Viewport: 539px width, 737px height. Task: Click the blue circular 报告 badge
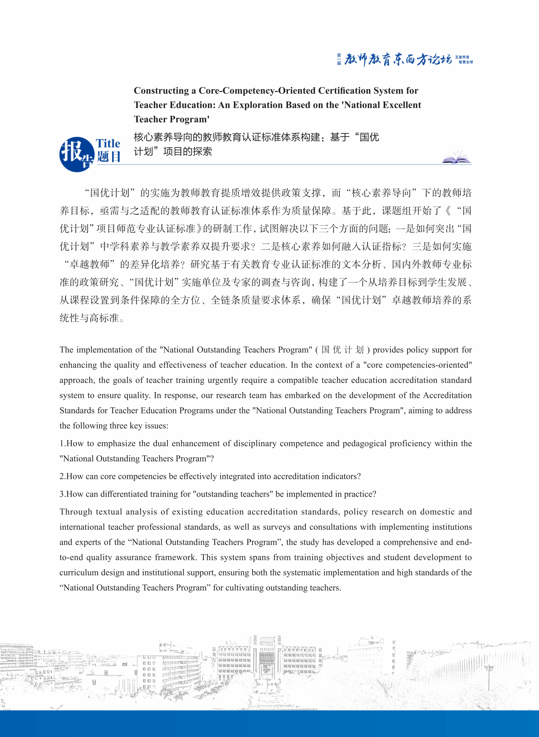77,154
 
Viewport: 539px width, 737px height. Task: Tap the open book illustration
456,157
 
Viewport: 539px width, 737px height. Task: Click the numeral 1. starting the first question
63,443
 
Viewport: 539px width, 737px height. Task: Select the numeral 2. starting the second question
63,476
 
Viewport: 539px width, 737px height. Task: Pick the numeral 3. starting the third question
63,494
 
